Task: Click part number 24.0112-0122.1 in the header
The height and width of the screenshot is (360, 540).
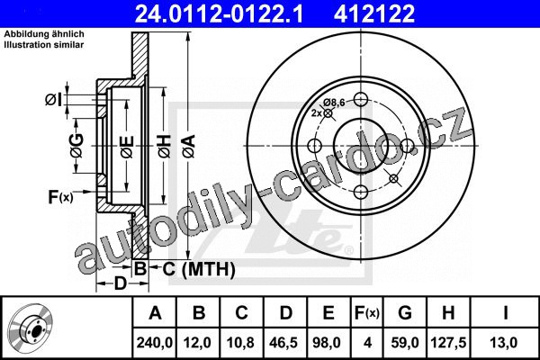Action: (x=219, y=13)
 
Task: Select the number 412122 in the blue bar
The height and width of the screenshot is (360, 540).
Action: (x=374, y=13)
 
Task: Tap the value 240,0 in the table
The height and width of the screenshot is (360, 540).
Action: (x=154, y=343)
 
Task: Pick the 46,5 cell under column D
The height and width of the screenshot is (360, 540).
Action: (x=284, y=343)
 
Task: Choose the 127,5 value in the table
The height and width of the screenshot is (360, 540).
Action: (x=448, y=343)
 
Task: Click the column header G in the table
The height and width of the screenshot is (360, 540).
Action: (x=405, y=313)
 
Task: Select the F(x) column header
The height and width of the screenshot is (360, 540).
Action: (x=367, y=313)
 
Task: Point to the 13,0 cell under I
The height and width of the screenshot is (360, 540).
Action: (x=504, y=343)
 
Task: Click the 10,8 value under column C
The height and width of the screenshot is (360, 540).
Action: (x=240, y=343)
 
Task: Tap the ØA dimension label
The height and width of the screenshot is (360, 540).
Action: (x=189, y=147)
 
